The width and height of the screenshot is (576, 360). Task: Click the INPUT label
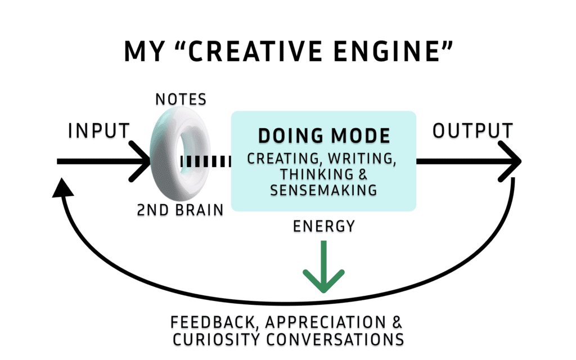point(99,131)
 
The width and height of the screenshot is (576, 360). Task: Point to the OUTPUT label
point(472,131)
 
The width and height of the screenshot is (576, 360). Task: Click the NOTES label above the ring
point(181,100)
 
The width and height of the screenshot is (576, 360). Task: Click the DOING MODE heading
point(323,136)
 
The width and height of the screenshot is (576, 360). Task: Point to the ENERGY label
point(323,227)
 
